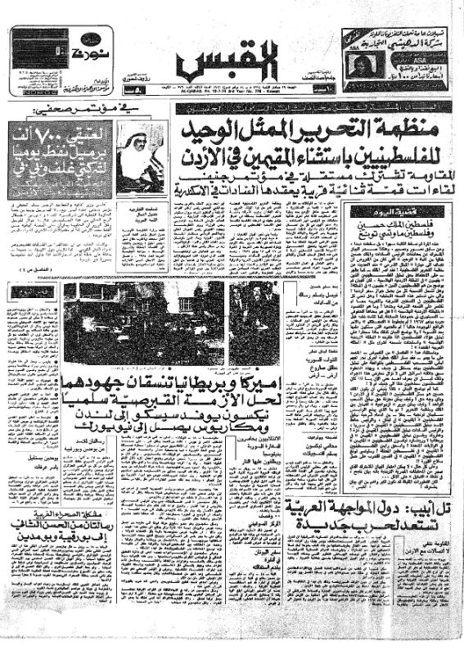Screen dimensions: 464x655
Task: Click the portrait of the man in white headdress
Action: (x=140, y=156)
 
